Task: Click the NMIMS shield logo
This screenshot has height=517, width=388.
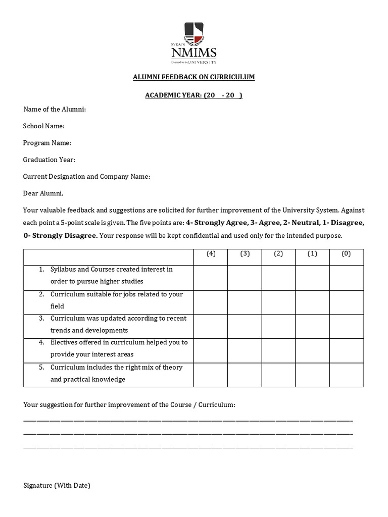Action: (193, 34)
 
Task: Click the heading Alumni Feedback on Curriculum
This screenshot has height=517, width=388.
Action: (194, 77)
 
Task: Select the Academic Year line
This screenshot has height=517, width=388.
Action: (194, 95)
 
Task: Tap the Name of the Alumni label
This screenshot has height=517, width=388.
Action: (55, 110)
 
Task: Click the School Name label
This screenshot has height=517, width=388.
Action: (44, 126)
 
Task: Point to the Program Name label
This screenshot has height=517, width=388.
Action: (47, 143)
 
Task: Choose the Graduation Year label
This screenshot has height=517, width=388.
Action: (49, 160)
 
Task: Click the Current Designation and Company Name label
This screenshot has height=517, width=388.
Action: (86, 177)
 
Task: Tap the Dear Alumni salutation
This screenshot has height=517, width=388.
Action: (43, 193)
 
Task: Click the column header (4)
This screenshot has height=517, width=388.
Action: (211, 254)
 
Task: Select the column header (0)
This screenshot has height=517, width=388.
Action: (346, 254)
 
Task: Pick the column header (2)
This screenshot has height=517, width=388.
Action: (278, 254)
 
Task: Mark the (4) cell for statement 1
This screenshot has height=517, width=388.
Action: (211, 277)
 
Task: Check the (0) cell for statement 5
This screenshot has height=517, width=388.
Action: (346, 375)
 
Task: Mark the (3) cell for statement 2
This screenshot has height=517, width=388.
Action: (245, 302)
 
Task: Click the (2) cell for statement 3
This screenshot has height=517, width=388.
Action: (278, 326)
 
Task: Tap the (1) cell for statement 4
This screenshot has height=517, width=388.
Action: (312, 350)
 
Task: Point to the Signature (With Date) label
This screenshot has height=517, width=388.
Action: (57, 486)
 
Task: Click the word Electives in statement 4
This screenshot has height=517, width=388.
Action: (64, 342)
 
